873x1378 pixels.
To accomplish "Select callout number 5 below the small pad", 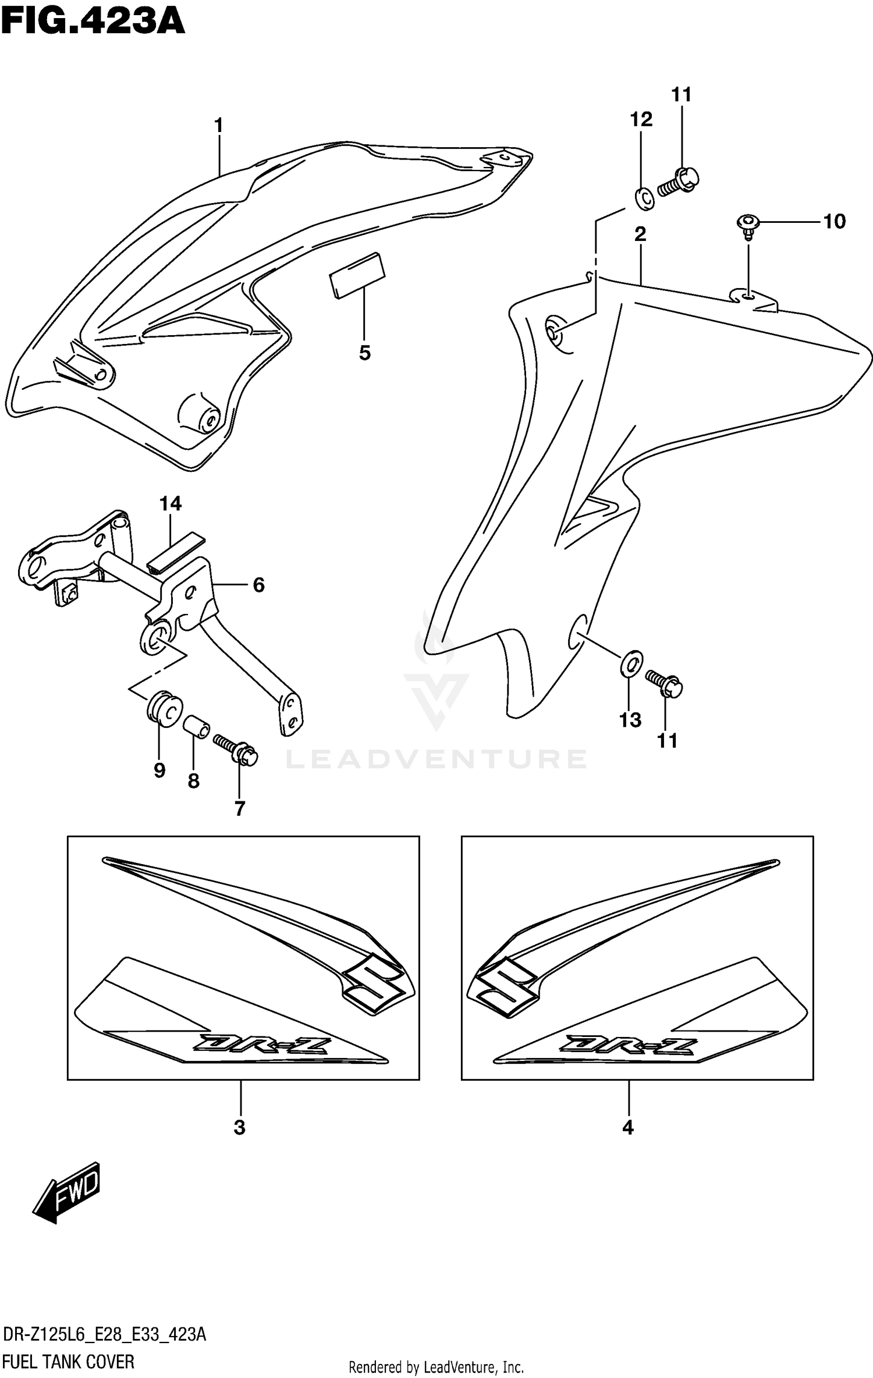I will (365, 353).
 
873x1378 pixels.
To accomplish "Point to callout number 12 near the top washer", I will (641, 119).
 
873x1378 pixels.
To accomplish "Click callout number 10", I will (834, 221).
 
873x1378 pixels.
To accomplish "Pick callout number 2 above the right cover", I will (640, 234).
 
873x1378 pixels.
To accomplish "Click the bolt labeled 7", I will (236, 750).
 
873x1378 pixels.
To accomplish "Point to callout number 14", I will (171, 503).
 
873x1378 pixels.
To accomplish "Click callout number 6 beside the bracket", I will (258, 584).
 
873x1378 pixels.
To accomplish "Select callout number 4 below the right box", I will (627, 1128).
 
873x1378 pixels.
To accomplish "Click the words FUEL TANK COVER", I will (68, 1362).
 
